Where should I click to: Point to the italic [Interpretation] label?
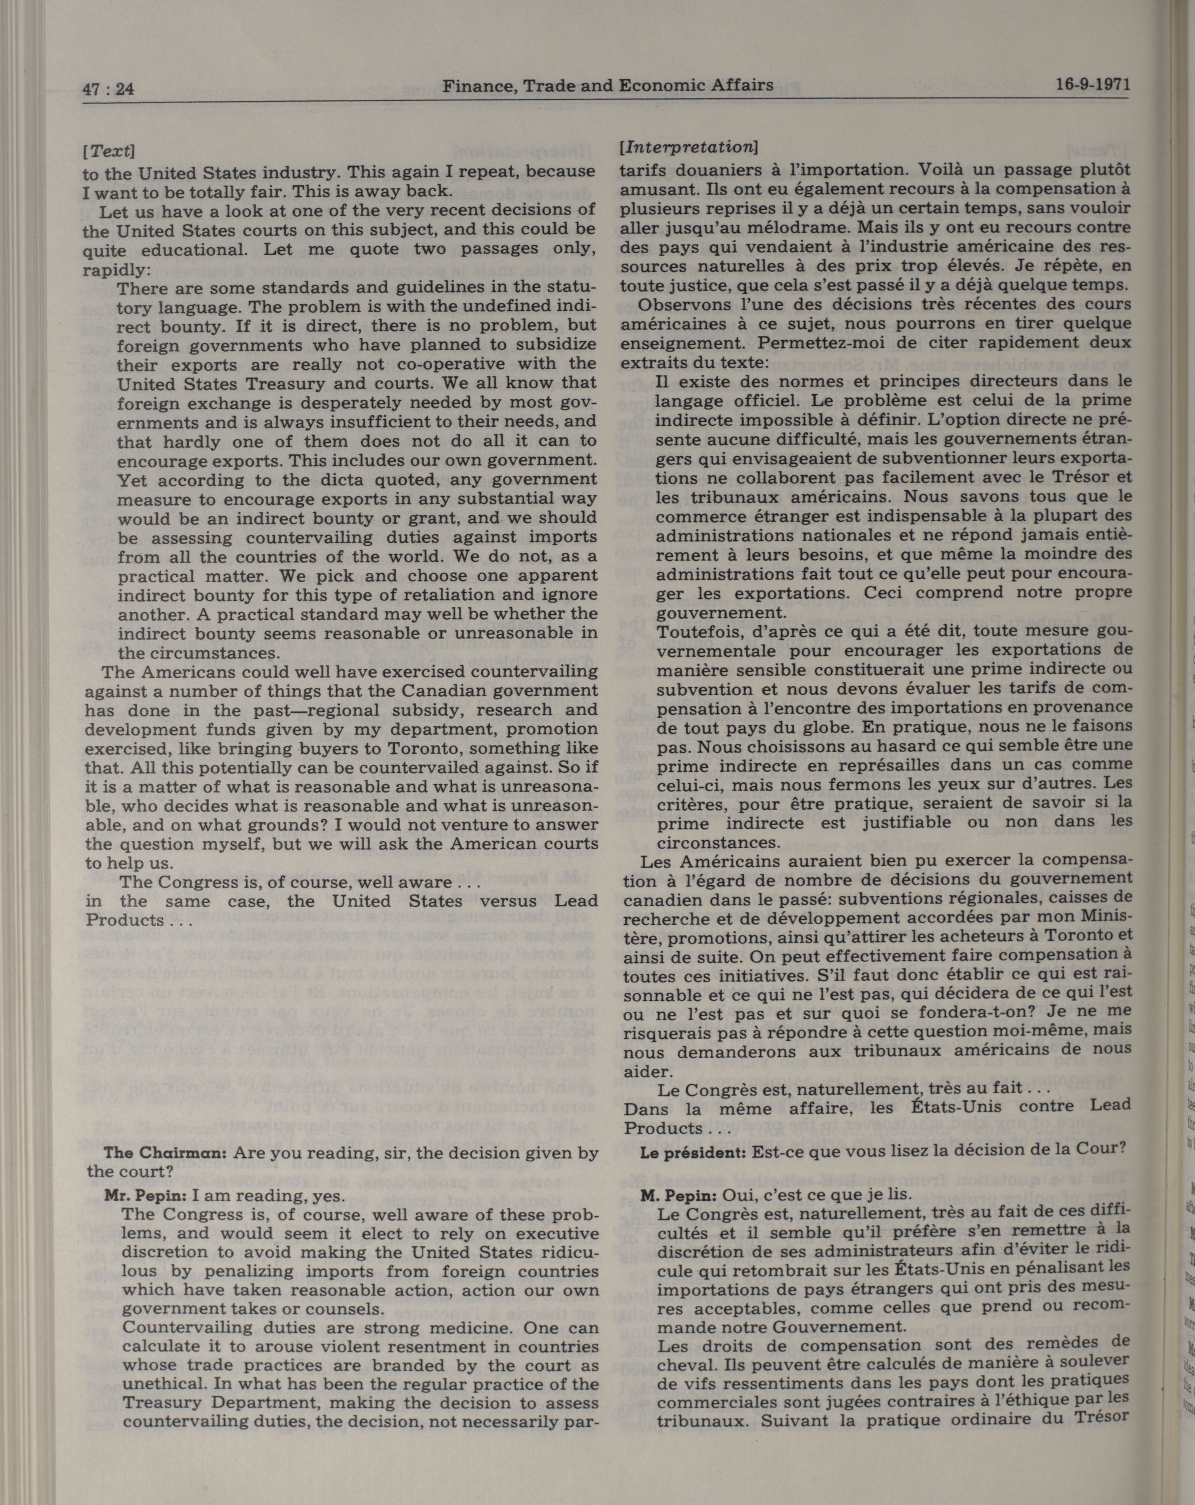click(688, 148)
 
